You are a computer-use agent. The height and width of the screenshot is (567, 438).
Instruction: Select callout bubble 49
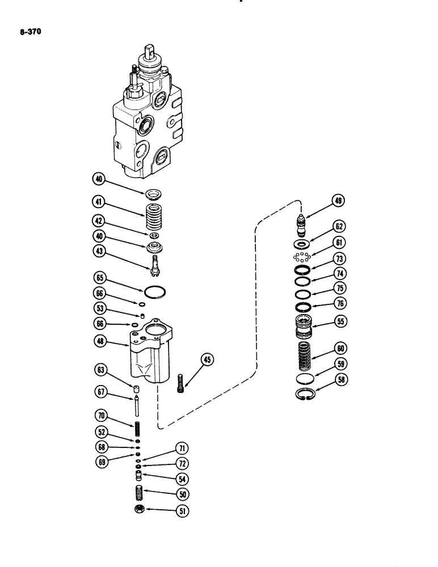point(339,201)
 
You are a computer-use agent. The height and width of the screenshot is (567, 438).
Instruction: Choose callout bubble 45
point(208,359)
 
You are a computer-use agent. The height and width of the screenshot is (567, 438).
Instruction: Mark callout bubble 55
point(340,320)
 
